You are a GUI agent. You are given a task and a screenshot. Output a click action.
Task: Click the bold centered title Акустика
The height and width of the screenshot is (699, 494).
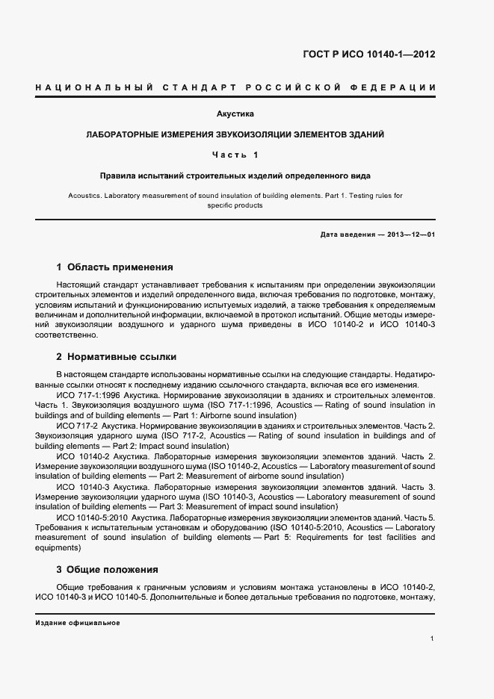tap(235, 114)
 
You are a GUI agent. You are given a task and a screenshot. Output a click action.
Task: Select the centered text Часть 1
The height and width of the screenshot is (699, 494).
tap(235, 155)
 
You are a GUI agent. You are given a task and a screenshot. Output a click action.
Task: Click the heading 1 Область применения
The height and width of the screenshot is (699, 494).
tap(115, 267)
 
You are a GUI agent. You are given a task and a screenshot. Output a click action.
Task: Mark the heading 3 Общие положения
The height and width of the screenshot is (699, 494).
tap(108, 569)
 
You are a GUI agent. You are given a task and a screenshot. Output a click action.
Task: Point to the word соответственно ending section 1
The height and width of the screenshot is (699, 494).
tap(66, 336)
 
